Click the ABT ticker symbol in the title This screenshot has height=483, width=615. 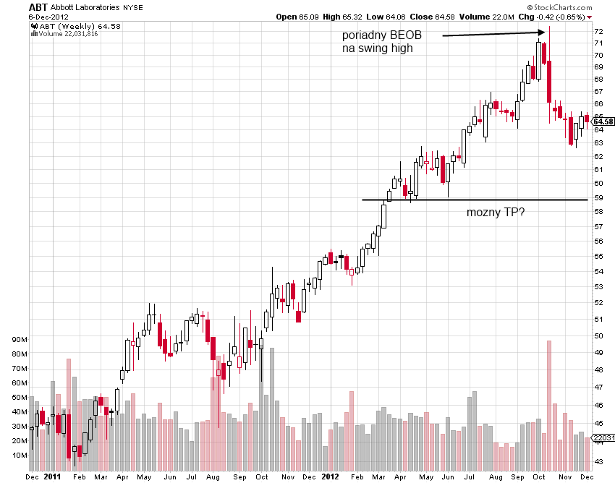38,7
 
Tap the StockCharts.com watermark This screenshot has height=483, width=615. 560,7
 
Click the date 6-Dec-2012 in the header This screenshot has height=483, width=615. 48,17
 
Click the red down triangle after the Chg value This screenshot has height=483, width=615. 589,17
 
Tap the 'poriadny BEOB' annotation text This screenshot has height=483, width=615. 381,35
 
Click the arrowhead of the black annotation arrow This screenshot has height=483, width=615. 542,33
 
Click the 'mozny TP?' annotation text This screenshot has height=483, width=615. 496,212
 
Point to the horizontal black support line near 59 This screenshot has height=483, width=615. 475,200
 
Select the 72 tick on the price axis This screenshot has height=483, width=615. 598,31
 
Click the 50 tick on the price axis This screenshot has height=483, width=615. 598,335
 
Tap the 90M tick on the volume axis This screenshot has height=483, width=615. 20,340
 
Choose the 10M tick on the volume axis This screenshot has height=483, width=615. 20,456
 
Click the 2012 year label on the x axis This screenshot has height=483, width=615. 330,476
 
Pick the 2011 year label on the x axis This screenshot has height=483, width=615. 52,476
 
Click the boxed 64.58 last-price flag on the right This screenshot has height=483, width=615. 603,121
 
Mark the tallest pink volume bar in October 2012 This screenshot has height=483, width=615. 549,406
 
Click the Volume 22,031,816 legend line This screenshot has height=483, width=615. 64,34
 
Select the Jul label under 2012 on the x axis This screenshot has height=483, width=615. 469,476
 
